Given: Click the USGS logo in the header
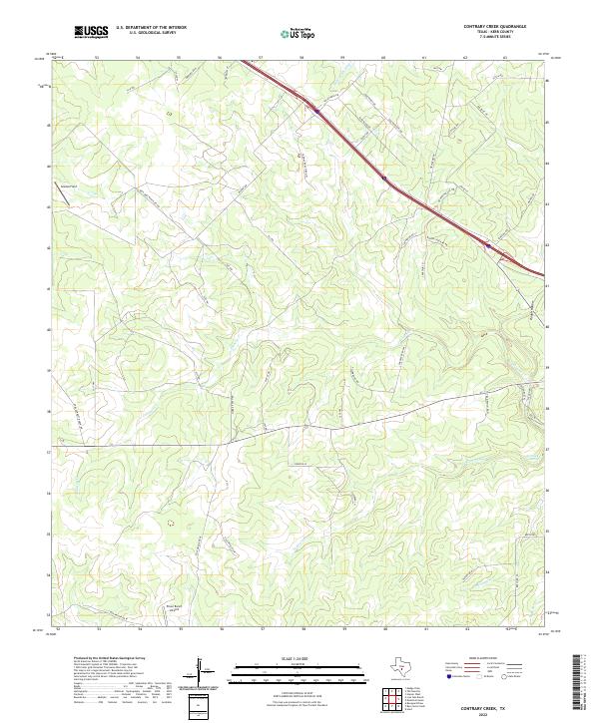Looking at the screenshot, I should [x=91, y=32].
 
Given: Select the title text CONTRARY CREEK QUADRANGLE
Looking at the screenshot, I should [x=496, y=27].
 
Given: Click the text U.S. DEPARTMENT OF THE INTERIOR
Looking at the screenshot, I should [x=151, y=28].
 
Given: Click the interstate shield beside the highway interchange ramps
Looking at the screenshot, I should [x=486, y=245].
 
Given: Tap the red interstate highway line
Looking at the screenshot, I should [x=399, y=188].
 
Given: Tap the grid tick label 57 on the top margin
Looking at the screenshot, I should [x=262, y=58].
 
